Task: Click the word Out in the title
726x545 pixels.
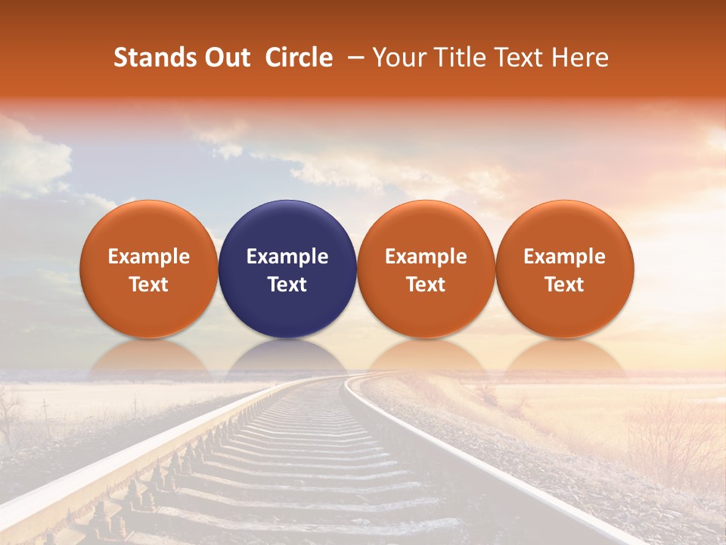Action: (x=225, y=58)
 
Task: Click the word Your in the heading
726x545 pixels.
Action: (x=398, y=58)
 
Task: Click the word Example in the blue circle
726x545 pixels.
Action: (x=287, y=257)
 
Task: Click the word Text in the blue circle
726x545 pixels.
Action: (x=287, y=285)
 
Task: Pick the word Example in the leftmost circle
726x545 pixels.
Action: (x=149, y=257)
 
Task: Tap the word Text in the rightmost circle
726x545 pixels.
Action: (x=564, y=285)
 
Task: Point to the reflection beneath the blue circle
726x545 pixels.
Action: (x=287, y=356)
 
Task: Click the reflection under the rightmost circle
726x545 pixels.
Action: (x=564, y=356)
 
